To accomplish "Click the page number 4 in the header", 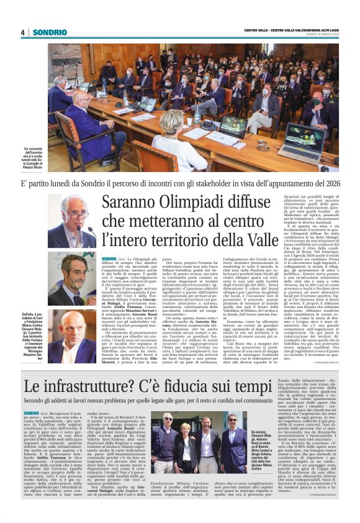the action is [x=22, y=32].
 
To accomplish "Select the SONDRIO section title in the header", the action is [x=50, y=32].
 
